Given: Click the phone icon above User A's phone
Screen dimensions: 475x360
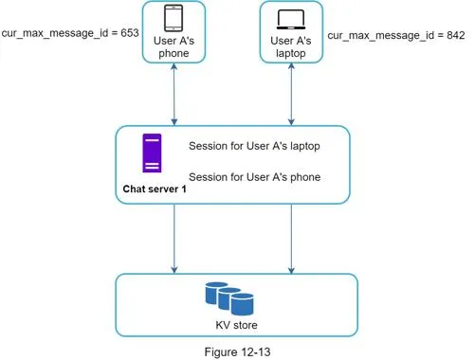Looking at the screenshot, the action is pyautogui.click(x=174, y=18).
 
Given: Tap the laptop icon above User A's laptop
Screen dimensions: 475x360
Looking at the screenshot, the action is pyautogui.click(x=291, y=19).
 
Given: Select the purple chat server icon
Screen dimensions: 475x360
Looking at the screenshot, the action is pyautogui.click(x=152, y=153).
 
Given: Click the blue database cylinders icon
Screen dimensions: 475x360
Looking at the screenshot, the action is pyautogui.click(x=229, y=298).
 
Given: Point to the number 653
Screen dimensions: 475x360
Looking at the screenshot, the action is pyautogui.click(x=130, y=33).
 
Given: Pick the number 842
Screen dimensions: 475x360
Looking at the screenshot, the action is pyautogui.click(x=456, y=35).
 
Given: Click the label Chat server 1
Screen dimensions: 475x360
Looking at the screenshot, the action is pyautogui.click(x=155, y=189).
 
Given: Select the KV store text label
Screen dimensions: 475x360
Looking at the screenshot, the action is pyautogui.click(x=236, y=325).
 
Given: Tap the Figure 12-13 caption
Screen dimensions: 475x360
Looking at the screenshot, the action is pyautogui.click(x=237, y=351).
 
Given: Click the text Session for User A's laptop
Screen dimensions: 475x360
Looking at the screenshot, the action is pyautogui.click(x=254, y=146).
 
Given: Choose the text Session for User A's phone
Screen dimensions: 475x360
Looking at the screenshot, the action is pyautogui.click(x=255, y=177).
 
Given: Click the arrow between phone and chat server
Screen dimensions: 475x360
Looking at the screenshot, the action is pyautogui.click(x=174, y=94).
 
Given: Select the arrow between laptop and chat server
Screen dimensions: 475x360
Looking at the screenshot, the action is pyautogui.click(x=291, y=94).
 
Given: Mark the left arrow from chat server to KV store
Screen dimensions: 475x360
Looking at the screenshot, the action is pyautogui.click(x=174, y=239).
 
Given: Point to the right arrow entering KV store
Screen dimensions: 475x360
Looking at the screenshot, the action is pyautogui.click(x=291, y=239).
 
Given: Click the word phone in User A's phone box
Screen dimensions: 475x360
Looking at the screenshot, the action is pyautogui.click(x=174, y=53).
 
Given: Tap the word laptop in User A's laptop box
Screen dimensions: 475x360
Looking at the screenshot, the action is pyautogui.click(x=291, y=53).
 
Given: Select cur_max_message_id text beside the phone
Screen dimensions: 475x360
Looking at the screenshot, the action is pyautogui.click(x=55, y=33).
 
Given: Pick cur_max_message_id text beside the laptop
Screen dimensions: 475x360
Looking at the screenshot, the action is pyautogui.click(x=381, y=35).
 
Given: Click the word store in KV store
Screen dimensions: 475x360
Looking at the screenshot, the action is pyautogui.click(x=246, y=325).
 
